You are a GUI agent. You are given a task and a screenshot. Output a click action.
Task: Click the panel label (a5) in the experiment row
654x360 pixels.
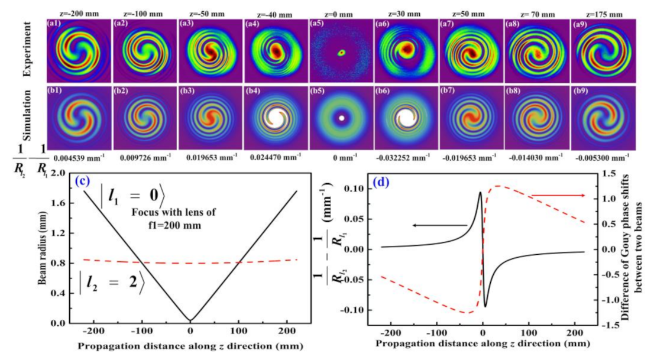click(317, 24)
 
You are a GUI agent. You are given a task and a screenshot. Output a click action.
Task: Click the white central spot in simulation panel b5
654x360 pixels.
click(341, 118)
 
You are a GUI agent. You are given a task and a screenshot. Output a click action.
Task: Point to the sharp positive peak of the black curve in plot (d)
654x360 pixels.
click(480, 192)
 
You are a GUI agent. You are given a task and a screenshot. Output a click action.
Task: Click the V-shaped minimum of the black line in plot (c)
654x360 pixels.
click(190, 320)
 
